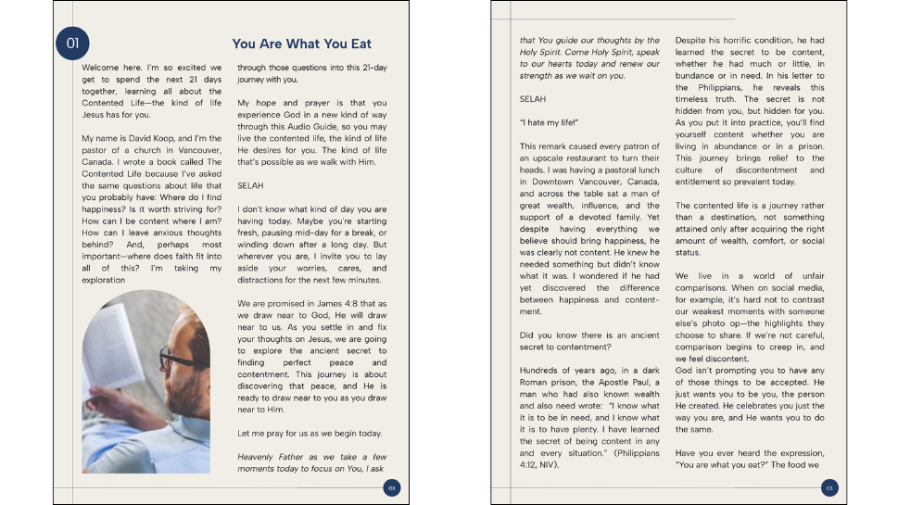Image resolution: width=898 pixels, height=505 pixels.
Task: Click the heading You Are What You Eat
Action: [x=301, y=44]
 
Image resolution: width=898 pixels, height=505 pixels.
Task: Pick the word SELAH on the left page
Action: [x=250, y=185]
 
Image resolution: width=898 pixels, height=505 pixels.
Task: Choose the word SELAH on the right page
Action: [x=533, y=97]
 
